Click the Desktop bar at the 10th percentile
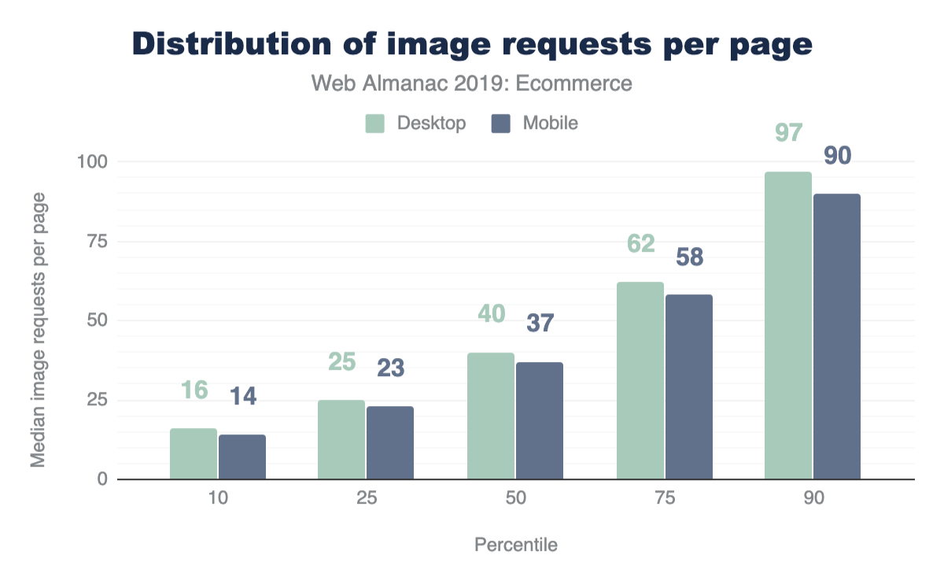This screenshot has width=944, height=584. point(194,454)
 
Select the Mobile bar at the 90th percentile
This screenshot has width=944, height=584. point(837,337)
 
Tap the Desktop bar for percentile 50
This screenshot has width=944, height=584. point(491,416)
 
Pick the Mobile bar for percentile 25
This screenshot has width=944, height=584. point(390,443)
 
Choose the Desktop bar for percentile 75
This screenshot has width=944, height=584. point(640,381)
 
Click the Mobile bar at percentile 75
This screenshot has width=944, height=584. point(689,387)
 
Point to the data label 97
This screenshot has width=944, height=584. point(788,132)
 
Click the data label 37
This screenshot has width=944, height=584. point(540,323)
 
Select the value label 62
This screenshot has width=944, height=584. point(640,244)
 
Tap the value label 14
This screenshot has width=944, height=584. point(242,396)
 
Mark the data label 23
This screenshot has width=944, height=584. point(390,368)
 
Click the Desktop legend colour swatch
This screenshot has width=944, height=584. point(374,124)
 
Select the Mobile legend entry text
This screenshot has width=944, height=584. point(551,124)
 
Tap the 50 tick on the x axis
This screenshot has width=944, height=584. point(515,499)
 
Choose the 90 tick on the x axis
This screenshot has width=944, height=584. point(813,499)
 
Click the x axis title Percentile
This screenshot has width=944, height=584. point(515,545)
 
